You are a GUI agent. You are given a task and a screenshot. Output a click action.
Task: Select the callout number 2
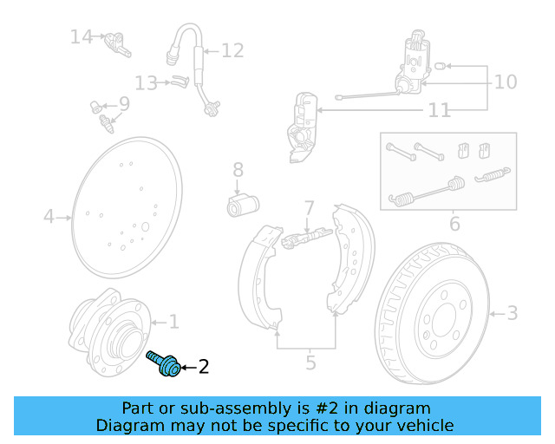click(204, 367)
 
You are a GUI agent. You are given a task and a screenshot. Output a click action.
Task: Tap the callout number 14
click(82, 36)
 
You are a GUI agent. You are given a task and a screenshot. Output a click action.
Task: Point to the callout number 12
click(232, 51)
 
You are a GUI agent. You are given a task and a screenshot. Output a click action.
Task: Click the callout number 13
click(146, 83)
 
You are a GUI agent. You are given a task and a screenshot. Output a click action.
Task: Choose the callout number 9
click(124, 104)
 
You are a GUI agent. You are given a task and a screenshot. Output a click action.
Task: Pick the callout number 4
click(49, 216)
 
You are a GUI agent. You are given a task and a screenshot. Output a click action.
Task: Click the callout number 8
click(238, 171)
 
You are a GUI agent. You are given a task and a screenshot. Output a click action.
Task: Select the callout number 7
click(309, 208)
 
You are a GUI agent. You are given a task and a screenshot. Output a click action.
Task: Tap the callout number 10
click(505, 82)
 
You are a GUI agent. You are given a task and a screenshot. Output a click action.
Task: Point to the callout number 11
click(440, 111)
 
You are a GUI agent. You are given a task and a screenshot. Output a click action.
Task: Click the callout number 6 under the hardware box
click(454, 225)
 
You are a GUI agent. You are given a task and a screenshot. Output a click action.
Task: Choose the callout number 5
click(310, 362)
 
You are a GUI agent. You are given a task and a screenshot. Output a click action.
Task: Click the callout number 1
click(173, 323)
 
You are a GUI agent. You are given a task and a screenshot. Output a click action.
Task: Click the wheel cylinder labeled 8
click(243, 206)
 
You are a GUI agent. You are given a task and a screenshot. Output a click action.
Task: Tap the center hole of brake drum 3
click(443, 321)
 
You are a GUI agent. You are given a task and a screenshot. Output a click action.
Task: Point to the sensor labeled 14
click(114, 42)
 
